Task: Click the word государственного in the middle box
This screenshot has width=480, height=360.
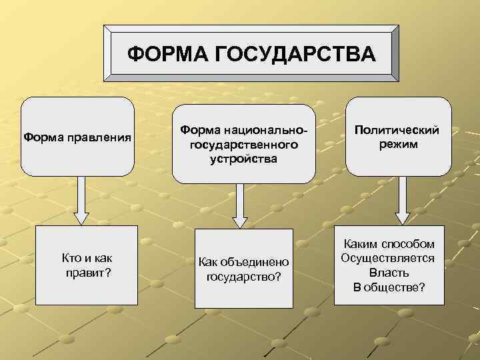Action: tap(243, 145)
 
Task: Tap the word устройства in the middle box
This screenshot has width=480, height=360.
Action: tap(243, 159)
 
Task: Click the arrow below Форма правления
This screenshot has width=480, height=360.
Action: tap(81, 199)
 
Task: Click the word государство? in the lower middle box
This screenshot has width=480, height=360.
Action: tap(244, 275)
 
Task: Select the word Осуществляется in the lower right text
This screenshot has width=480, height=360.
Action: tap(388, 259)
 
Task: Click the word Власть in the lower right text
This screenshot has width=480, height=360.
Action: tap(389, 273)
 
